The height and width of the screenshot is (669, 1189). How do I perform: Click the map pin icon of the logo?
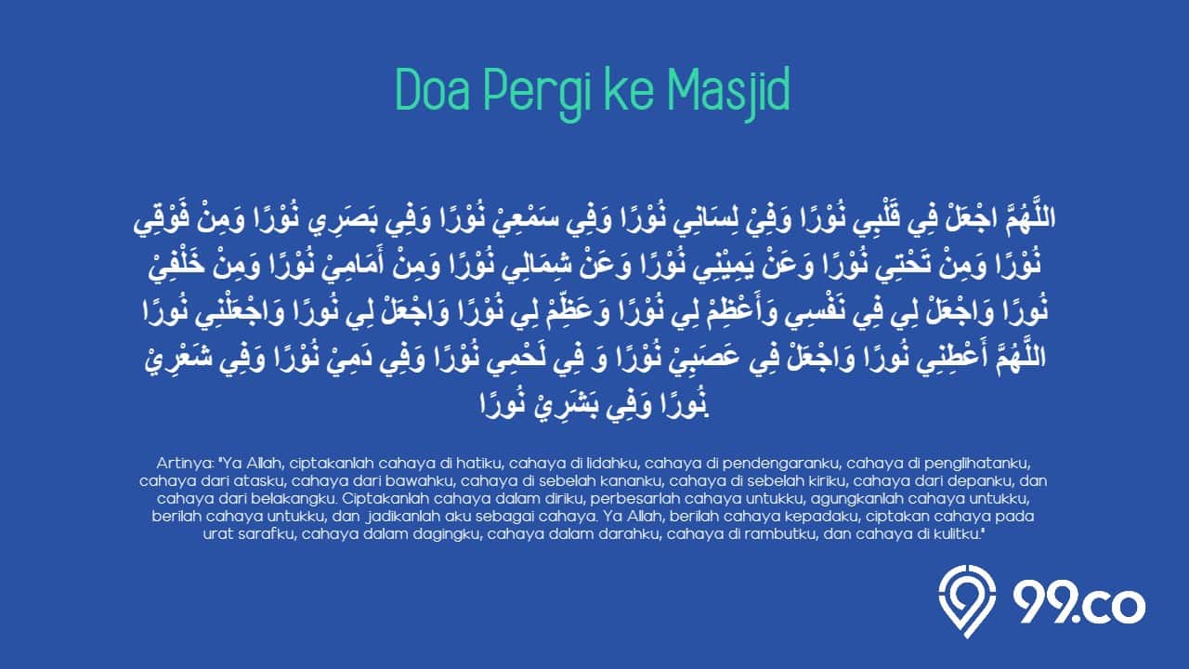pyautogui.click(x=967, y=601)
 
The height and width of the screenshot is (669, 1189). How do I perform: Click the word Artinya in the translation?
pyautogui.click(x=185, y=464)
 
